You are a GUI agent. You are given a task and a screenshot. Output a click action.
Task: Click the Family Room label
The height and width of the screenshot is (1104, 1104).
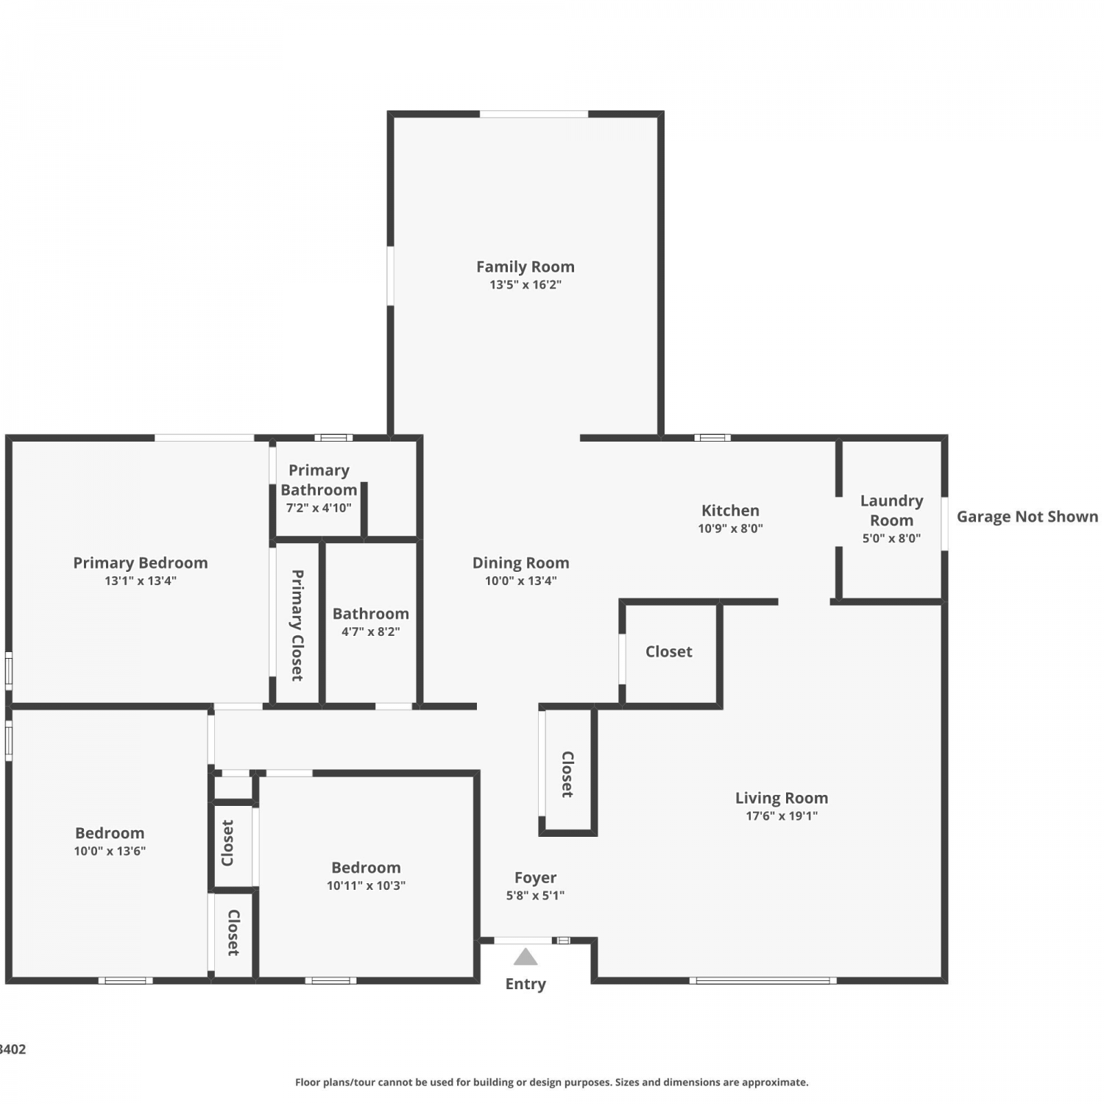tap(526, 266)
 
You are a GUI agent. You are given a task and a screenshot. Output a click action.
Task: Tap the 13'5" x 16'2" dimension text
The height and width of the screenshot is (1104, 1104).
tap(526, 285)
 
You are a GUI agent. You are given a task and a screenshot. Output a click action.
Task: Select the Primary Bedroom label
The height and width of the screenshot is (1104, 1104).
tap(141, 563)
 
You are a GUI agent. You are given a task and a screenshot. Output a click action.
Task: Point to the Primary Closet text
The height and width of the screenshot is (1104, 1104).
tap(297, 625)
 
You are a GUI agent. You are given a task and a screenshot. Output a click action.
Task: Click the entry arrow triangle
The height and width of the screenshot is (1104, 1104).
tap(526, 957)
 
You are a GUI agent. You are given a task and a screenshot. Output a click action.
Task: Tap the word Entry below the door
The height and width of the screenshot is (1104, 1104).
tap(526, 985)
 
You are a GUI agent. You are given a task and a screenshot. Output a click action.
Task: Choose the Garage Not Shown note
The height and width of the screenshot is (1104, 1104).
tap(1027, 517)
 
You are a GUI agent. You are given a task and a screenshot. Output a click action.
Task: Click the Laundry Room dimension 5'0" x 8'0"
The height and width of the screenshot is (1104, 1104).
tap(891, 538)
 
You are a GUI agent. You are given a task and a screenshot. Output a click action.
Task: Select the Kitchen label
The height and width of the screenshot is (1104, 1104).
tap(730, 510)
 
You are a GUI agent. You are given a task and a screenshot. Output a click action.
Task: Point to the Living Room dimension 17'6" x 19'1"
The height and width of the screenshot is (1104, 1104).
tap(782, 815)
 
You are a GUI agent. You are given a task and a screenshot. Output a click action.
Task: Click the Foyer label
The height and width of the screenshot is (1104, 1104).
tap(535, 878)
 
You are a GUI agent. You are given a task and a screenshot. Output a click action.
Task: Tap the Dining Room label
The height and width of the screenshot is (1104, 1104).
tap(521, 563)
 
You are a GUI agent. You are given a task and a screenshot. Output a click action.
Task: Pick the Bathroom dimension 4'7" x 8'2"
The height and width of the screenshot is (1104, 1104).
tap(371, 631)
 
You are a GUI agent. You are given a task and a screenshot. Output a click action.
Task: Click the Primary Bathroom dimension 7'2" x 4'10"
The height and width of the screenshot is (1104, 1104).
tap(319, 508)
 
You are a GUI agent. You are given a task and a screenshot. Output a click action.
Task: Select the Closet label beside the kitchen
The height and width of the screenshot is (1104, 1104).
tap(669, 651)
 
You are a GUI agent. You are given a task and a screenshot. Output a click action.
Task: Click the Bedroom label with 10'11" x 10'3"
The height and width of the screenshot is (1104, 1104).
tap(366, 868)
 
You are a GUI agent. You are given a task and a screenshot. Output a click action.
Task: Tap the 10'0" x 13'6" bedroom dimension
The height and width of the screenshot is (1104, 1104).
tap(110, 852)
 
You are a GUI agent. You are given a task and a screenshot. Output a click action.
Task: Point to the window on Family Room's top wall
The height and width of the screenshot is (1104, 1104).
tap(534, 114)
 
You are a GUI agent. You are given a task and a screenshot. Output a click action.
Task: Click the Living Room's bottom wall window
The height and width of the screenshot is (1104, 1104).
tap(763, 980)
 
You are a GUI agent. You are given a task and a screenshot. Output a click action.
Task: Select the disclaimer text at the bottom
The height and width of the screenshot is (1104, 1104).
tap(552, 1082)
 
